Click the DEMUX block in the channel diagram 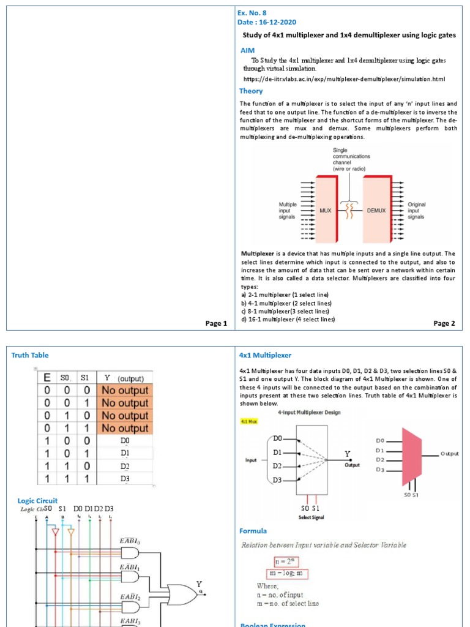[376, 210]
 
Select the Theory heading [251, 91]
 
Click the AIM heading [247, 50]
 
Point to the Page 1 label [216, 323]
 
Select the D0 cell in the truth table [125, 440]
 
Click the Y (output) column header [125, 378]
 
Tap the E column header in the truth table [47, 378]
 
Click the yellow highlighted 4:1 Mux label [250, 421]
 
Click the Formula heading [253, 531]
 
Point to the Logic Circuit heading [37, 501]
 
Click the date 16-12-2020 [272, 23]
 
